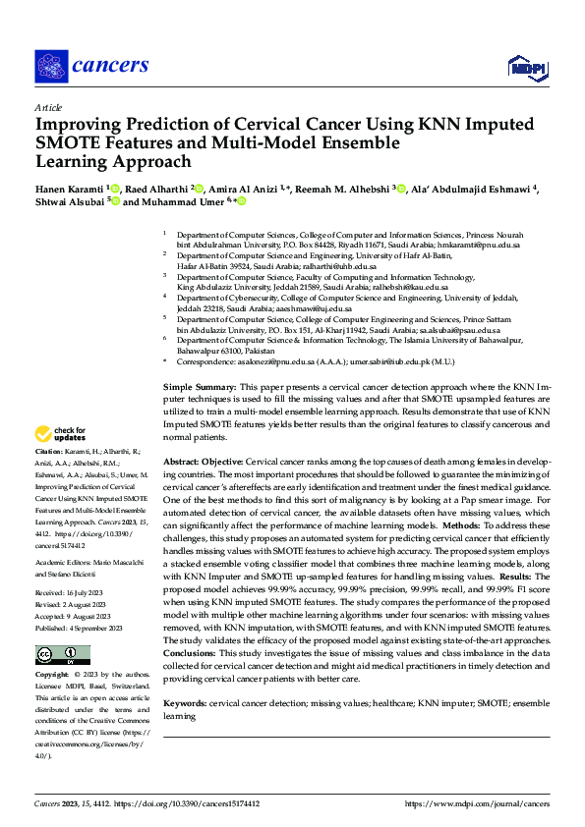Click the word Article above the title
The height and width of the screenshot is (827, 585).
coord(47,106)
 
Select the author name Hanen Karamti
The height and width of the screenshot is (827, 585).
coord(69,187)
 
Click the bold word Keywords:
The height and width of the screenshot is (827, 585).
coord(185,702)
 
